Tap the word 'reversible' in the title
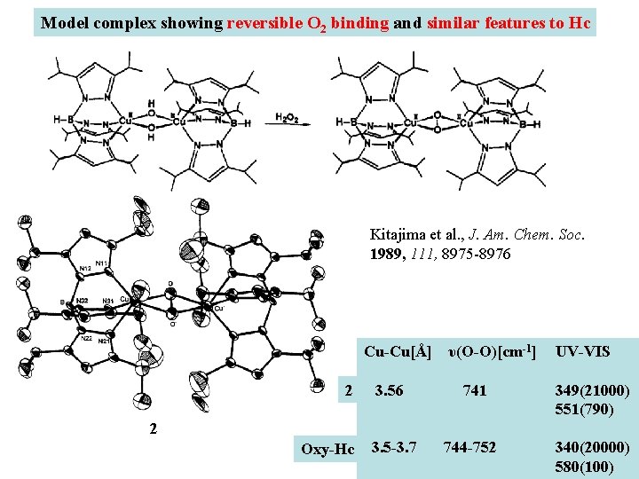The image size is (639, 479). pos(263,22)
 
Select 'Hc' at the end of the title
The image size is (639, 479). pos(579,22)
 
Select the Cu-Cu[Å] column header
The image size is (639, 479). pos(398,352)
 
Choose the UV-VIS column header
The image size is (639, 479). pos(582,352)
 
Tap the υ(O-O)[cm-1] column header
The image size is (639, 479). pos(490,352)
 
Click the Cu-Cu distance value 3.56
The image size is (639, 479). pos(389,391)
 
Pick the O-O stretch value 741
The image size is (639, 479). pos(475,391)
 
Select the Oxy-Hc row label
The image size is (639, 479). pos(327,450)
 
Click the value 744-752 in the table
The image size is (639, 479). pos(469,447)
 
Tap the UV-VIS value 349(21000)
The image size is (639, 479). pos(592,391)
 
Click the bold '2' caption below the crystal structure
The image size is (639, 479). pos(154,429)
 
